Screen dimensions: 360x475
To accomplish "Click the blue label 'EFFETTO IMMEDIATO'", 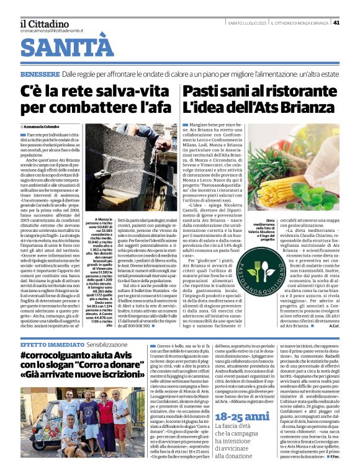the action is click(43, 344).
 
